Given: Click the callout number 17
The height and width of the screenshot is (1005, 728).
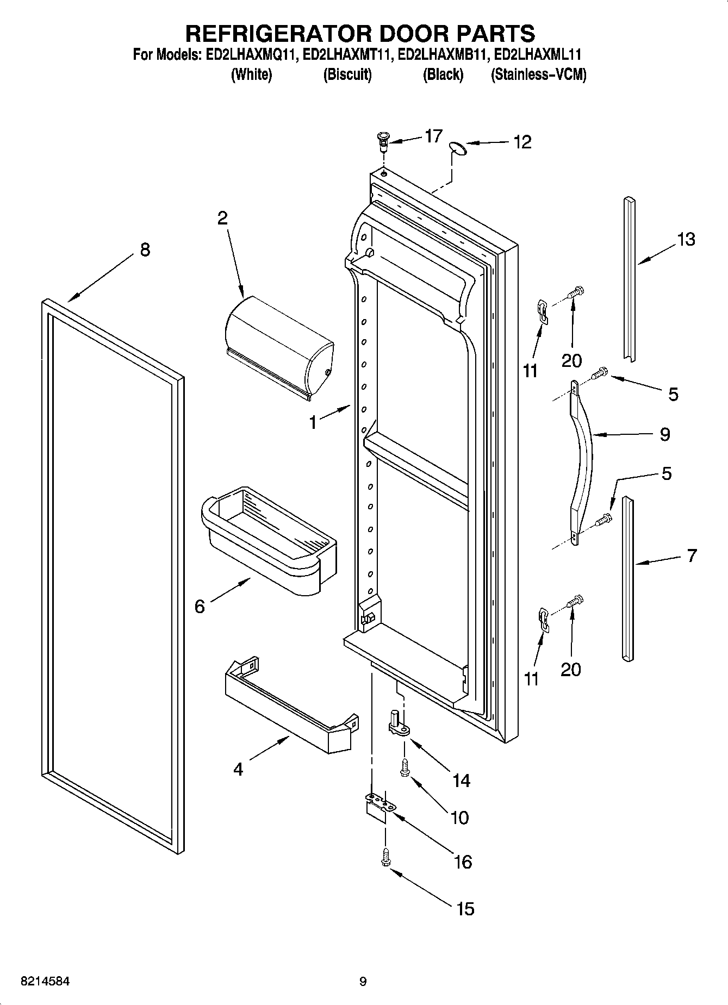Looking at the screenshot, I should (433, 135).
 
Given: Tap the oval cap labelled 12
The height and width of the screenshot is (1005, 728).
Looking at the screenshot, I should (458, 148).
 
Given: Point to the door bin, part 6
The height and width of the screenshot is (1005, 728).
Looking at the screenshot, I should (269, 540).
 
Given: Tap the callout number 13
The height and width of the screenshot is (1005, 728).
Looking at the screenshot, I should (686, 239).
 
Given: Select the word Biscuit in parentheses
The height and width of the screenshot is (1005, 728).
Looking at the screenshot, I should (347, 74).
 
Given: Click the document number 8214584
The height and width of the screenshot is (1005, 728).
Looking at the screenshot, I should (45, 982).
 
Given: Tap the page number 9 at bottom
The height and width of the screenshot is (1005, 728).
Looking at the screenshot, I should (363, 982).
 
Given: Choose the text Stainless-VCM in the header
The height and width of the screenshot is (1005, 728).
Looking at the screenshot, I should (538, 74).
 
